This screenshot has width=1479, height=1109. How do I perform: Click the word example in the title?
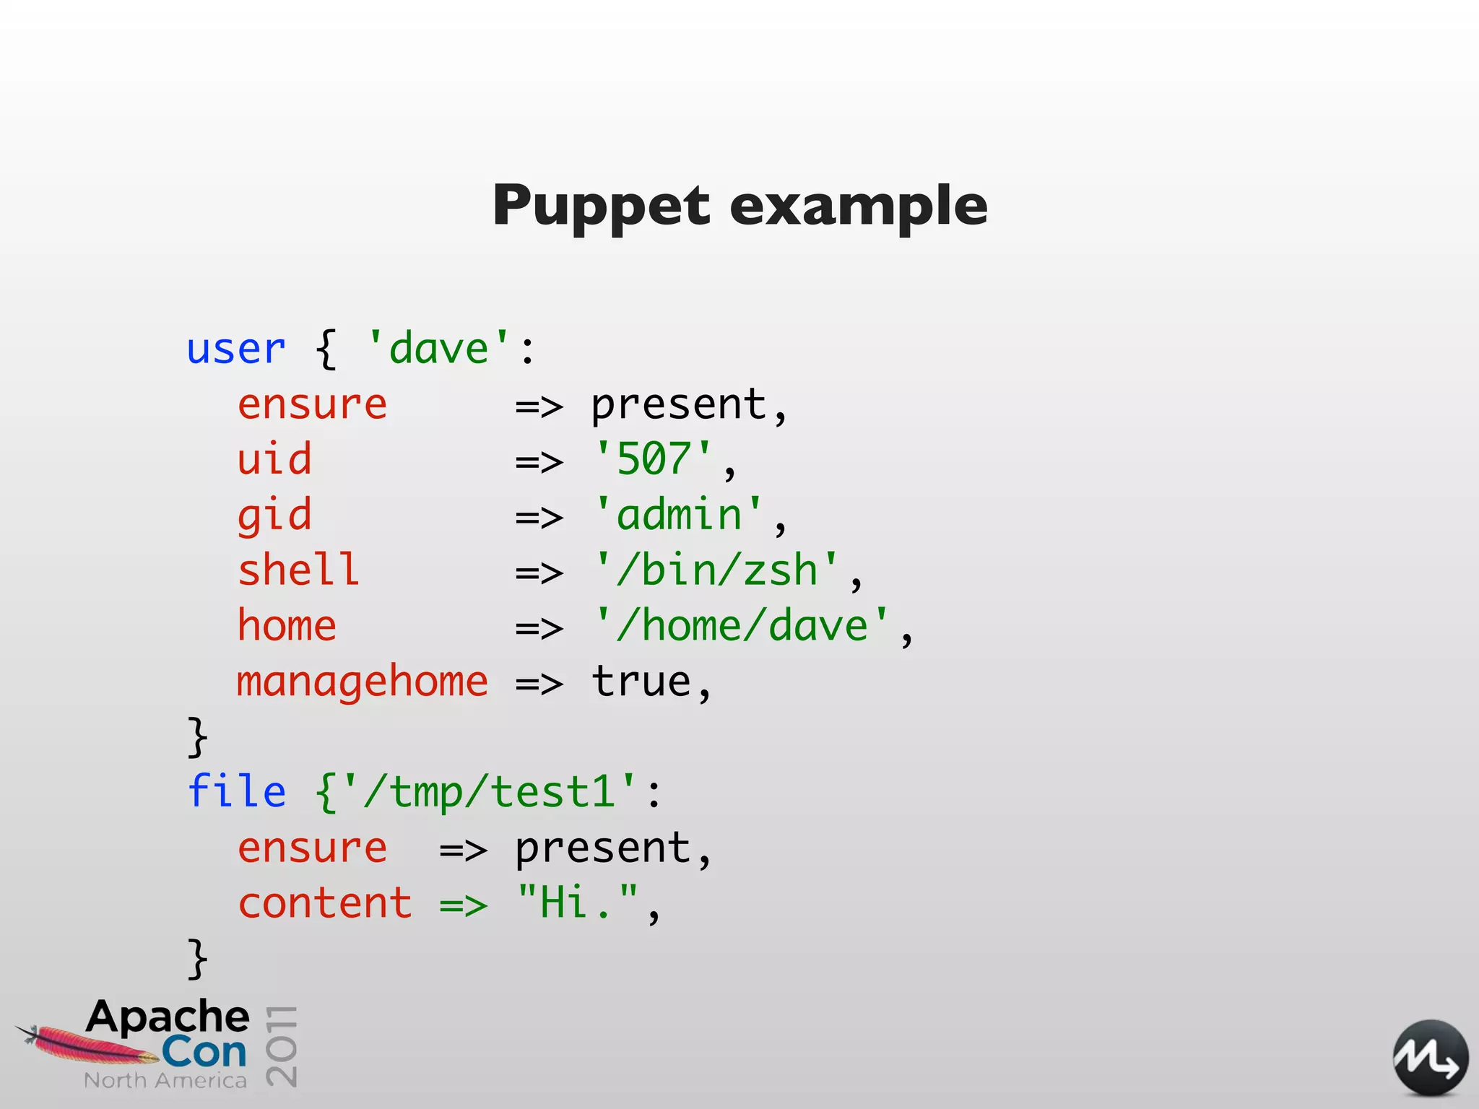pos(858,206)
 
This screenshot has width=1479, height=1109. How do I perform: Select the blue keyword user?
pos(236,349)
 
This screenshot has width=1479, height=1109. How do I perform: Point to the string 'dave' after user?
pos(438,348)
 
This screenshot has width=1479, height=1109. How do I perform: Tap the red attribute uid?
pos(274,459)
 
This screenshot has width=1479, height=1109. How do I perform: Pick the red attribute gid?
pos(274,516)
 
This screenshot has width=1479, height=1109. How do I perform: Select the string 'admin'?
pos(679,515)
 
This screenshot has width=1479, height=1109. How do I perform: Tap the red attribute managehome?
pos(363,682)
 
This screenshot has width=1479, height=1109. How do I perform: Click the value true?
pos(641,682)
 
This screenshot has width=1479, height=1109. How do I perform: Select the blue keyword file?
pos(236,791)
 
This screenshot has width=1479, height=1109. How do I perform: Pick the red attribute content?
pos(325,903)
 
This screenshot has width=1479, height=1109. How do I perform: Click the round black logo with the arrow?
pos(1430,1058)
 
